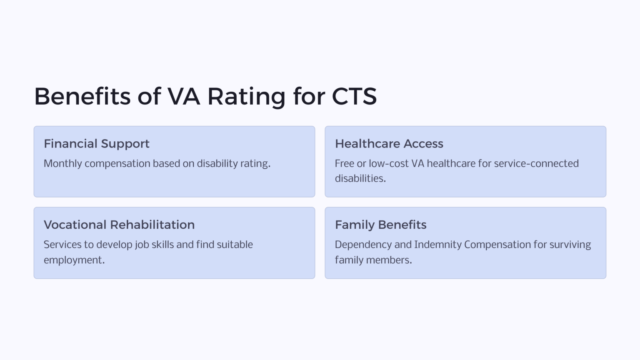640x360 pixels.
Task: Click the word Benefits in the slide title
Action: point(82,96)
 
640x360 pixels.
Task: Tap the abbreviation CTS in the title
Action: point(354,96)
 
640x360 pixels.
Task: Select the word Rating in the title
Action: point(246,96)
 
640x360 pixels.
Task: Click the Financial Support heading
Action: point(97,144)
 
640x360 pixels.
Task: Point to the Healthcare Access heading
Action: point(389,144)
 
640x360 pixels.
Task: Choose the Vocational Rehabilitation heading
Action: point(119,225)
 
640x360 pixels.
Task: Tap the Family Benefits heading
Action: point(381,225)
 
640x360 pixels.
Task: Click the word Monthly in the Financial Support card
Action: point(63,164)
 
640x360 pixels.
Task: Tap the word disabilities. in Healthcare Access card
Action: point(360,179)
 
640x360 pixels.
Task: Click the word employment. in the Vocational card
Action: point(74,260)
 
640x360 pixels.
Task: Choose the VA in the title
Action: point(184,96)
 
